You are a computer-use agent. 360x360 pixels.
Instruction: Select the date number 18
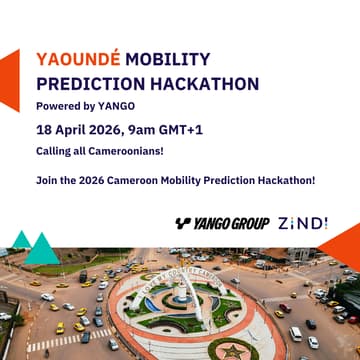(x=44, y=128)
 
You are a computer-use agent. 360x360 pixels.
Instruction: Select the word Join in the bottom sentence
(x=46, y=180)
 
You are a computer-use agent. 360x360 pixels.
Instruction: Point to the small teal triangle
(x=19, y=240)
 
